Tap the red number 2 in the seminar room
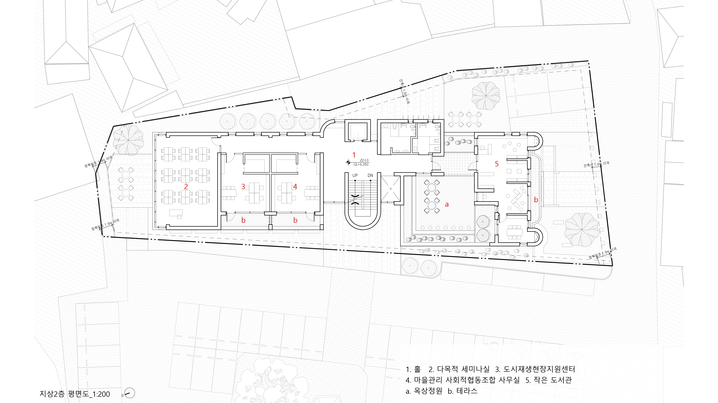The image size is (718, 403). pyautogui.click(x=186, y=187)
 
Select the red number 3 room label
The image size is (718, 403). pyautogui.click(x=243, y=187)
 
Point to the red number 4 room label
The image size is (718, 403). pyautogui.click(x=295, y=187)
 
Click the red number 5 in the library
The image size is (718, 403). pyautogui.click(x=496, y=164)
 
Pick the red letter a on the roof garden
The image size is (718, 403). pyautogui.click(x=447, y=204)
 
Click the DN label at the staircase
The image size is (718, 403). pyautogui.click(x=370, y=175)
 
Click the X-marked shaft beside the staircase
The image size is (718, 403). pyautogui.click(x=390, y=189)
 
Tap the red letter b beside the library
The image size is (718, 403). pyautogui.click(x=536, y=200)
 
